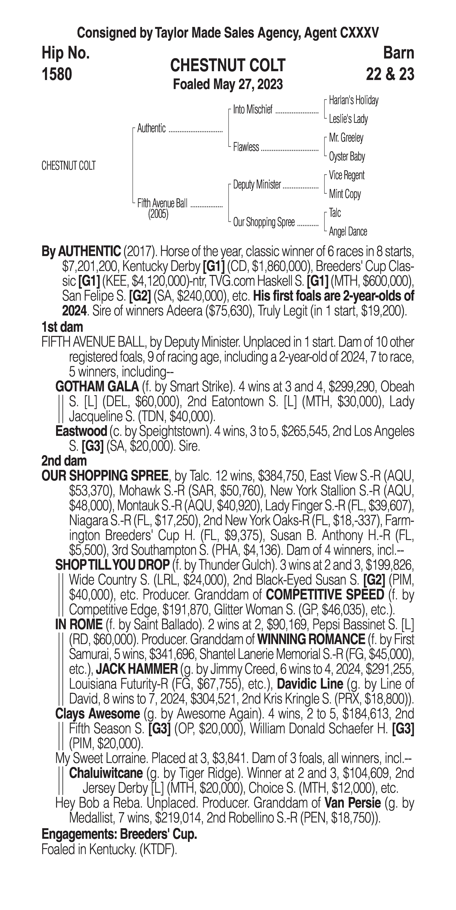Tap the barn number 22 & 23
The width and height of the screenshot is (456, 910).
pyautogui.click(x=390, y=74)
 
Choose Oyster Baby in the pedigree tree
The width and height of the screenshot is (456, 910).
pyautogui.click(x=347, y=156)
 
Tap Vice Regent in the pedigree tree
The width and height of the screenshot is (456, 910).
pyautogui.click(x=346, y=175)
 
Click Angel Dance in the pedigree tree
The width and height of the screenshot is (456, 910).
pyautogui.click(x=348, y=232)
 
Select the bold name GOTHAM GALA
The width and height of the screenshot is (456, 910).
pyautogui.click(x=97, y=387)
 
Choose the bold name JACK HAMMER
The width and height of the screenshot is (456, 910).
pyautogui.click(x=137, y=669)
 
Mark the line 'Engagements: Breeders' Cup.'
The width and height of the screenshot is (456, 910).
pyautogui.click(x=119, y=834)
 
